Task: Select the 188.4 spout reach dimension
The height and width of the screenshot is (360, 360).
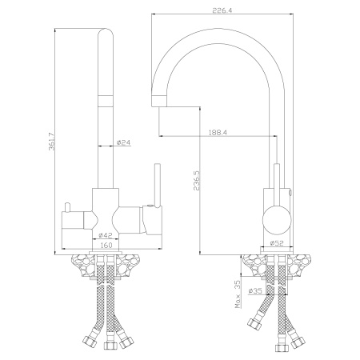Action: pos(216,134)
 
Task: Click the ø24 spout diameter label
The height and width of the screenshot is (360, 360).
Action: pos(123,143)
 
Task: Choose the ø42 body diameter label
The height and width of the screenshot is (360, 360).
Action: pos(105,235)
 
